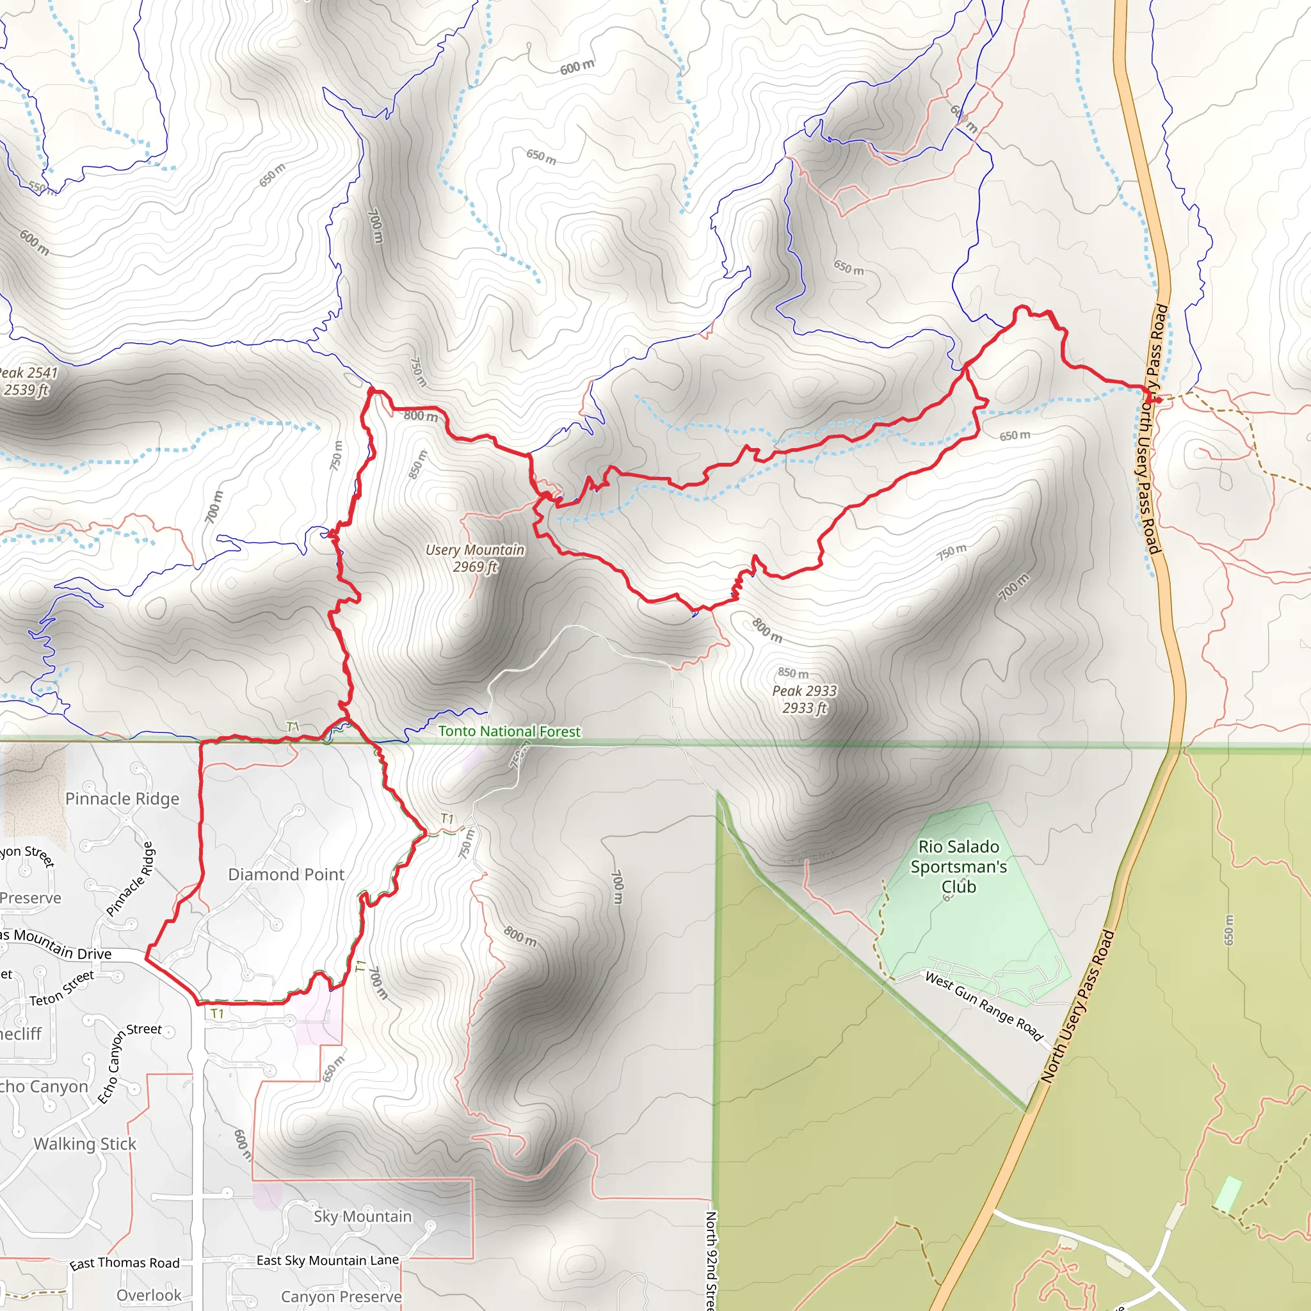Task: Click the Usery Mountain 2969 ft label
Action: (475, 558)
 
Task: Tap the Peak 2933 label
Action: (804, 699)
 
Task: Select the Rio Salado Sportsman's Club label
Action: (958, 867)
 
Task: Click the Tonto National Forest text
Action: (509, 731)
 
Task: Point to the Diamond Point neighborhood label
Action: (286, 874)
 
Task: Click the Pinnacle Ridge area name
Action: (122, 799)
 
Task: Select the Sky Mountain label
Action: (362, 1216)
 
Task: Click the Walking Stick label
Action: (85, 1143)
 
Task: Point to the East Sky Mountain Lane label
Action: (327, 1260)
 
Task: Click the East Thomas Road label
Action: (124, 1263)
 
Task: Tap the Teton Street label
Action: (61, 988)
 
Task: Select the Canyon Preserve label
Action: (341, 1296)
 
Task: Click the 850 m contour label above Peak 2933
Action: (792, 673)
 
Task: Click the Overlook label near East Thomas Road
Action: (149, 1295)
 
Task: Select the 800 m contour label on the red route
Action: (421, 415)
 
